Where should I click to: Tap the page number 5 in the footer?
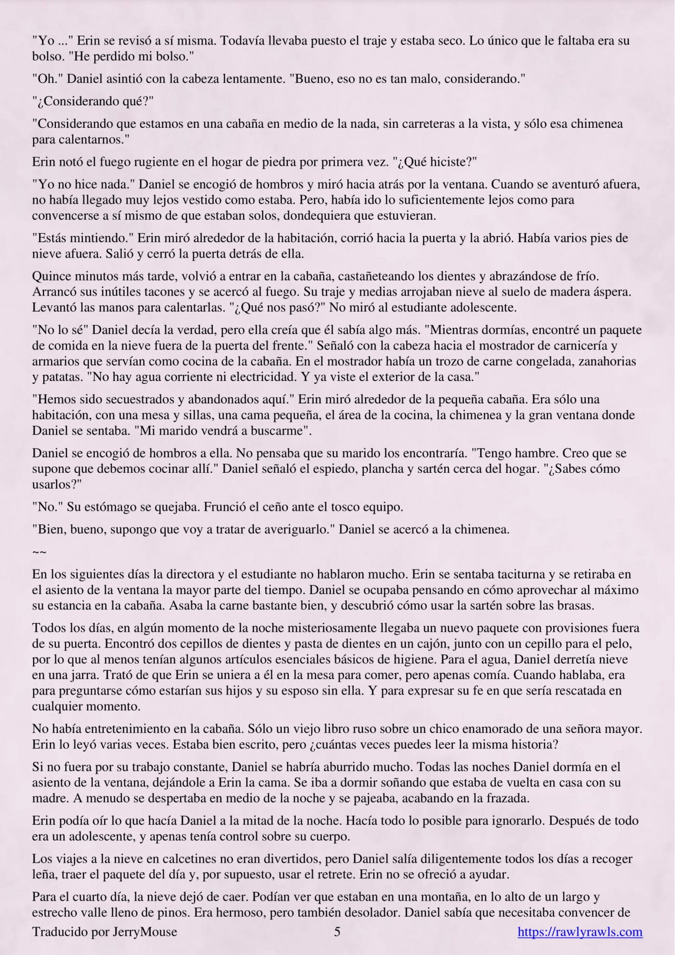(x=337, y=932)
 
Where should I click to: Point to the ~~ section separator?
(x=39, y=552)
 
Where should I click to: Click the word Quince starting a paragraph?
(x=52, y=276)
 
